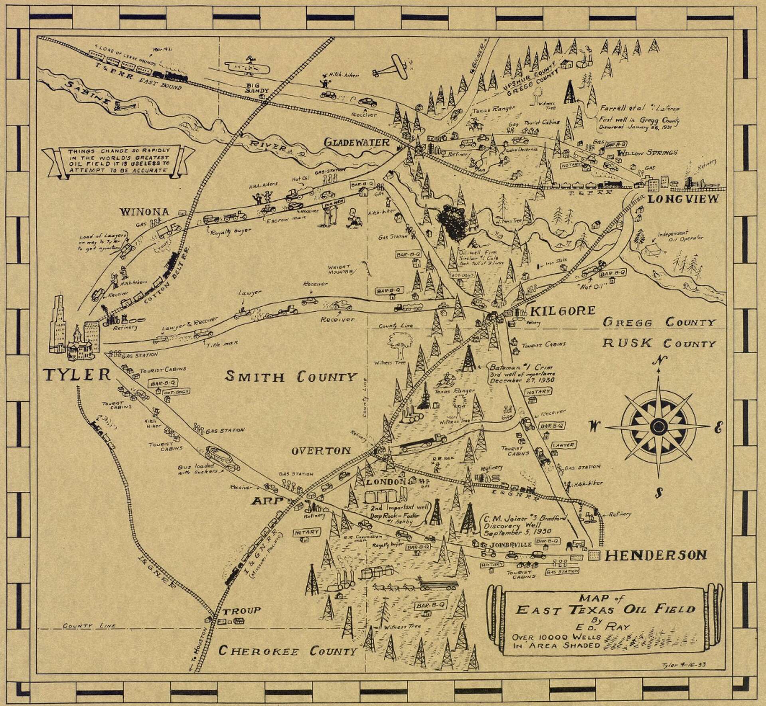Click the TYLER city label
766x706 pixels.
(76, 375)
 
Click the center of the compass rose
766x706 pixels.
(657, 426)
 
